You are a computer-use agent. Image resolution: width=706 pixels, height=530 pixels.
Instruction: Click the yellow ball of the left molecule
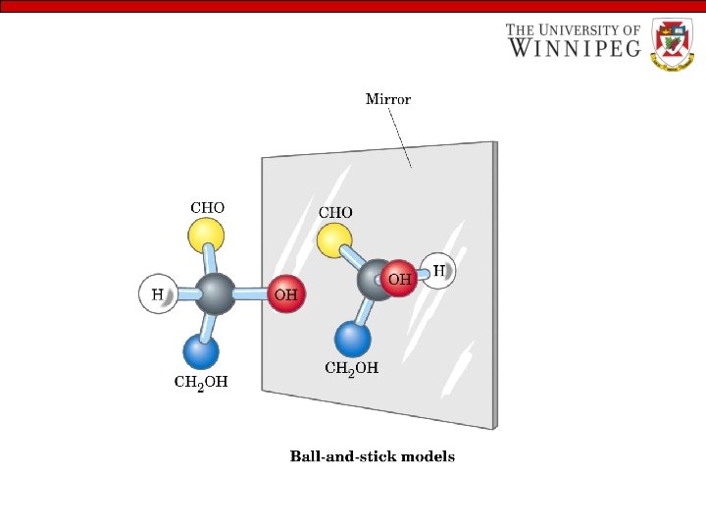pos(206,235)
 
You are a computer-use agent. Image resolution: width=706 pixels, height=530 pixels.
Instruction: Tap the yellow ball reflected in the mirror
pos(334,238)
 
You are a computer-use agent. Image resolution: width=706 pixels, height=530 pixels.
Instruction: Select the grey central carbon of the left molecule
pos(215,292)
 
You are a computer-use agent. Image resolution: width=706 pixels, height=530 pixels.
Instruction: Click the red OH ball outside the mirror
pos(286,293)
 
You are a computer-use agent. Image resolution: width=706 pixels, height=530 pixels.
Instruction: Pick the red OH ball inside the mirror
pos(399,279)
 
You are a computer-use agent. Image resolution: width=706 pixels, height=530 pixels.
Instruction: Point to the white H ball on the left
pos(157,293)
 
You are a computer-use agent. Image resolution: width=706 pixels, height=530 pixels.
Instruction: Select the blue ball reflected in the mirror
pos(353,339)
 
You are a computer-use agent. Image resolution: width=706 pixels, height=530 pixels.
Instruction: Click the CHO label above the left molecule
pos(207,208)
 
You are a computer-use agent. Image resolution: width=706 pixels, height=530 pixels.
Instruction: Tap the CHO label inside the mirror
pos(335,212)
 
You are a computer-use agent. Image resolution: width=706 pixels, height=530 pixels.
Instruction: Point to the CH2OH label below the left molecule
pos(200,382)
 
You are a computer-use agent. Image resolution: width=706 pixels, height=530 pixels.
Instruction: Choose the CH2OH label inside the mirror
pos(351,369)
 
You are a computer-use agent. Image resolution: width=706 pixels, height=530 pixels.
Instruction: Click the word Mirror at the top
pos(388,99)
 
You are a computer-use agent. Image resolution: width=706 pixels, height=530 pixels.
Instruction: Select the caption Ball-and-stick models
pos(372,456)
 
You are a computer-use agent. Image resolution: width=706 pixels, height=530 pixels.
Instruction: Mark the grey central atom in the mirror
pos(373,279)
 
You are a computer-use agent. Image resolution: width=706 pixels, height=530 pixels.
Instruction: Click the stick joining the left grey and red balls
pos(251,293)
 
